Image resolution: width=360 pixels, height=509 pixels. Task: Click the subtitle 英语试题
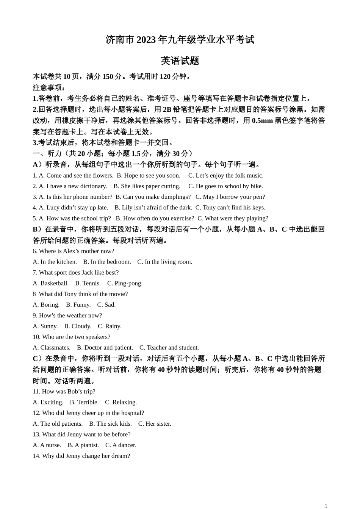coord(180,61)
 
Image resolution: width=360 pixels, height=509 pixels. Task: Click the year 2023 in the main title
coord(146,40)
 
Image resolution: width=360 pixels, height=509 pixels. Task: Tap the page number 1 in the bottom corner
coord(326,506)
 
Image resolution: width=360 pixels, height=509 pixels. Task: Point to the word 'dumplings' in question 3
coord(177,197)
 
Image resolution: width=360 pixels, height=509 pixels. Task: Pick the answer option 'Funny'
coord(82,304)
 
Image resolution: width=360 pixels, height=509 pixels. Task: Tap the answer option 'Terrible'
coord(88,402)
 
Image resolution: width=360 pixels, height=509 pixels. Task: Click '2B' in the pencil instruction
coord(167,109)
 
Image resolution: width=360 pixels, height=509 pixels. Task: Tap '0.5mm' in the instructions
coord(262,120)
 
